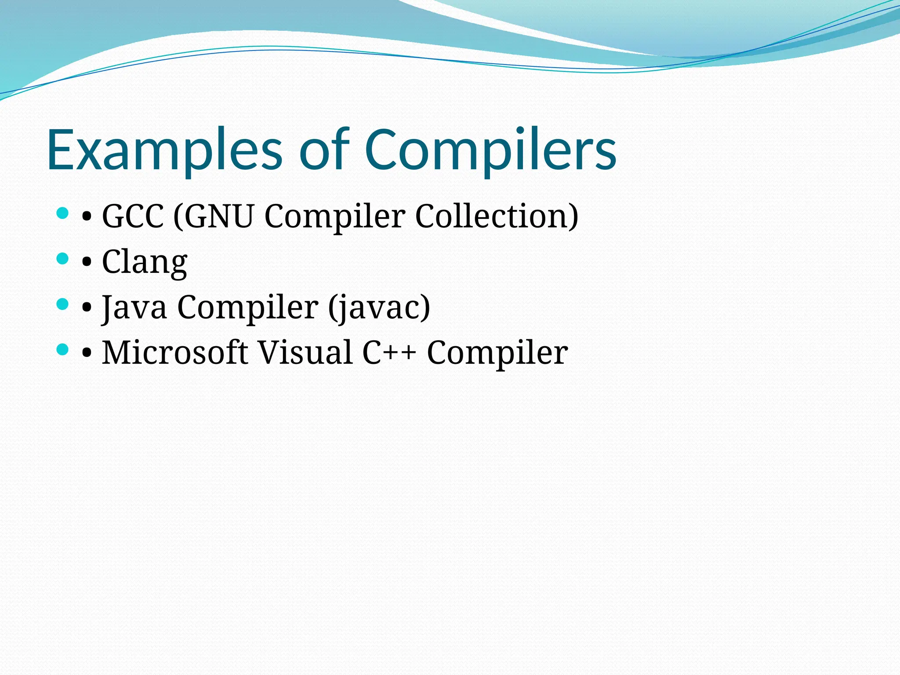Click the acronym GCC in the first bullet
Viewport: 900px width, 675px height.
(x=133, y=216)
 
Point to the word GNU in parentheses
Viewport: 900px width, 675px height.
(x=219, y=216)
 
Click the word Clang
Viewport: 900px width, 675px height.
(x=145, y=262)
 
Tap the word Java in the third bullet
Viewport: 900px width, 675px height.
(x=134, y=307)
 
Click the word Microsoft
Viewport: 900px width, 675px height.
(x=174, y=352)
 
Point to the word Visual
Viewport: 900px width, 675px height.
(x=305, y=352)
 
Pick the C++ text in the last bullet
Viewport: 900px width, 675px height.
(x=388, y=352)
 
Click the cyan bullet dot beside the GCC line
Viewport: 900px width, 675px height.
(x=63, y=214)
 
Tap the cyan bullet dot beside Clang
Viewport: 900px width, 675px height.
(x=63, y=258)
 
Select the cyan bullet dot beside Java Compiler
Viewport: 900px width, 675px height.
(x=63, y=304)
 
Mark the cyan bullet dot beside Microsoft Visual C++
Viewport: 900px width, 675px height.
(x=63, y=349)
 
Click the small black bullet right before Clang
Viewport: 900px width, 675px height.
(x=87, y=262)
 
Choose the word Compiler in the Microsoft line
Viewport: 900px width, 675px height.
(x=497, y=352)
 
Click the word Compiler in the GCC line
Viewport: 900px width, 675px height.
(x=334, y=216)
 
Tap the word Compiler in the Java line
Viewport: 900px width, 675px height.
(x=247, y=307)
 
